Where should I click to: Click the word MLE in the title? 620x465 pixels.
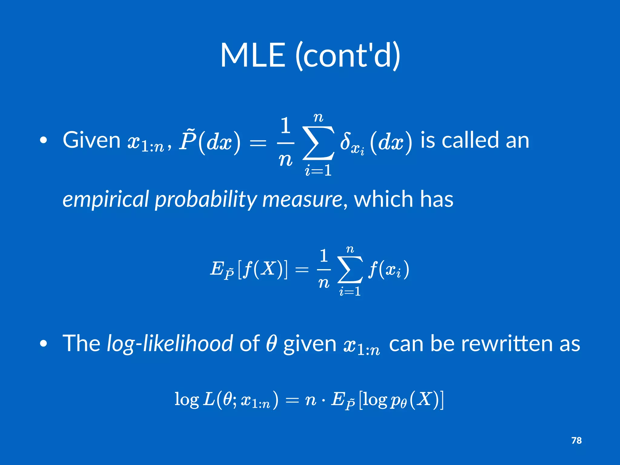click(253, 55)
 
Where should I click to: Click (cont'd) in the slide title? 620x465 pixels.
click(348, 55)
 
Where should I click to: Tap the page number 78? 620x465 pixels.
click(576, 440)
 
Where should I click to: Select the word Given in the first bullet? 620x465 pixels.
click(92, 140)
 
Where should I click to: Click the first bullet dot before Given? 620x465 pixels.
click(44, 140)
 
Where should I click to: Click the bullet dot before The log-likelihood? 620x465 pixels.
click(44, 344)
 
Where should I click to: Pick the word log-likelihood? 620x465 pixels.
click(170, 344)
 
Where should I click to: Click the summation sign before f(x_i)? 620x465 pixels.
click(350, 269)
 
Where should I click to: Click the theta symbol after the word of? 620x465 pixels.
click(271, 344)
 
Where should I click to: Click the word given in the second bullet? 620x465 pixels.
click(309, 344)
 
